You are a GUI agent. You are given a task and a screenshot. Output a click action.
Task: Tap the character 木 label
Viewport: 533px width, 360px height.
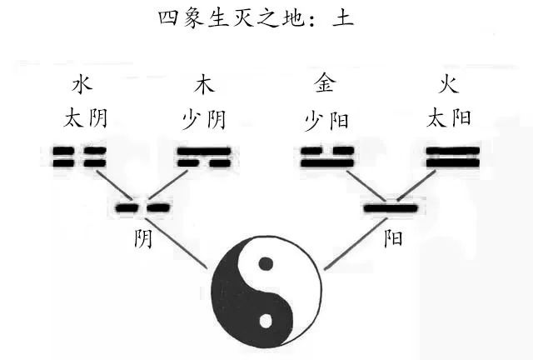(x=204, y=86)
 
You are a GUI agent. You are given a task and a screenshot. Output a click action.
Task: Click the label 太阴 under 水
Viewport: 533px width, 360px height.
(x=85, y=118)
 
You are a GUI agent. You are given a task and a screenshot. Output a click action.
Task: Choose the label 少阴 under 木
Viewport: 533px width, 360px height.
(x=204, y=120)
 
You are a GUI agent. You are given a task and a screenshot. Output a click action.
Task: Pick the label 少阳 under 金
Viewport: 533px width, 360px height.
(x=326, y=120)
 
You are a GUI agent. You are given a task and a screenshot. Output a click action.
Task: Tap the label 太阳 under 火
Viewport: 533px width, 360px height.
(x=450, y=118)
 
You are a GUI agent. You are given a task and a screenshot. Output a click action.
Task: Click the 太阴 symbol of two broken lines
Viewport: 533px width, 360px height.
(x=80, y=157)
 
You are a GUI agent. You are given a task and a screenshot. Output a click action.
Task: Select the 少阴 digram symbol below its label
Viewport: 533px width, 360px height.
(x=203, y=157)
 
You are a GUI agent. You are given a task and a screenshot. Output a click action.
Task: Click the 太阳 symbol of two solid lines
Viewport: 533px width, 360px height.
(x=452, y=157)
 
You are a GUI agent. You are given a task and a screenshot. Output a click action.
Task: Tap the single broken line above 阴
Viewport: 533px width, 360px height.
(x=142, y=207)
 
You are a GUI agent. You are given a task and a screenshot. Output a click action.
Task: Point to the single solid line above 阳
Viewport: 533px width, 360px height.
(x=391, y=207)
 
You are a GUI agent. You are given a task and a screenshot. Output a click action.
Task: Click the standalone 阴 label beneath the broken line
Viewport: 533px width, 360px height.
(x=143, y=239)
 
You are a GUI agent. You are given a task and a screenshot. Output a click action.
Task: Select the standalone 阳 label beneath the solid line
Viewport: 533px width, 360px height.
(x=393, y=239)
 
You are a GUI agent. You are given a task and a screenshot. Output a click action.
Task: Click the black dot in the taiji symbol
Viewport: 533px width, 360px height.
(x=266, y=264)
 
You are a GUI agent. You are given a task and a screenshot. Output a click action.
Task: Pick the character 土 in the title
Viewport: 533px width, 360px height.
(x=342, y=17)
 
